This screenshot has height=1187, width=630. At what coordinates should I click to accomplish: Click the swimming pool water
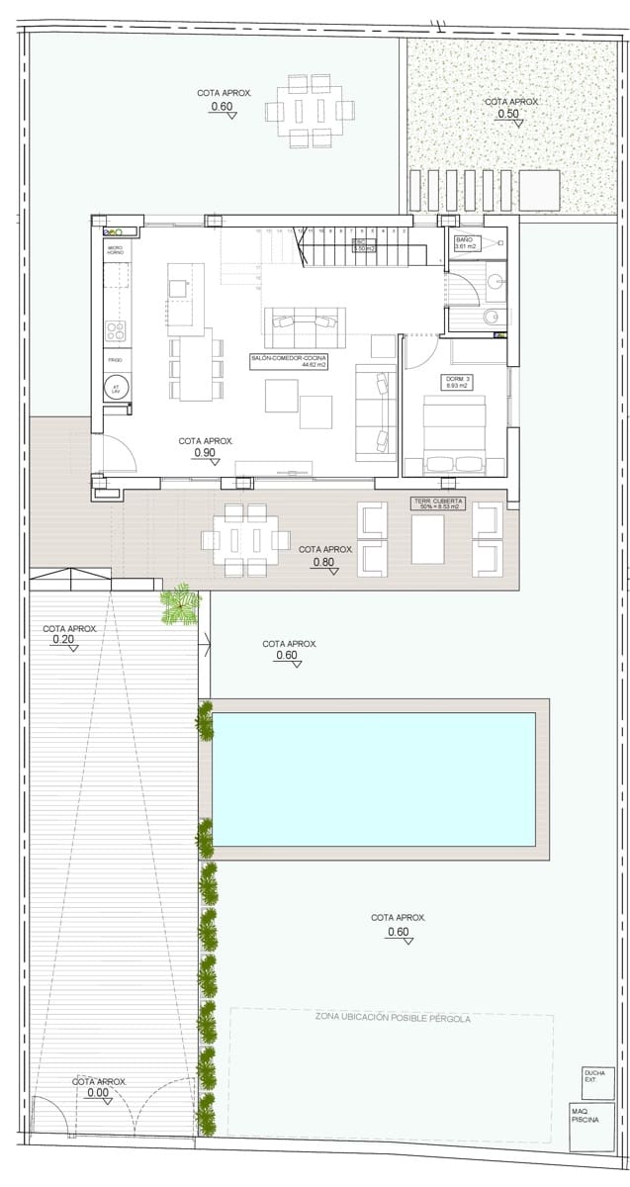374,779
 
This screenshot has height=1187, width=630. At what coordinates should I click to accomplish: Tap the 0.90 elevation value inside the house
205,453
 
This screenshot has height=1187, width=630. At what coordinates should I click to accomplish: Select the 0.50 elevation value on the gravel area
508,114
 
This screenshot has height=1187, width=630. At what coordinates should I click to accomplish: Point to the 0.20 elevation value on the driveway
64,640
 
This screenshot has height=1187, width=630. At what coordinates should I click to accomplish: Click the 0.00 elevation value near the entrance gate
98,1093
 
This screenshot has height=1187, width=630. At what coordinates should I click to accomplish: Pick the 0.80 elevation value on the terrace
323,562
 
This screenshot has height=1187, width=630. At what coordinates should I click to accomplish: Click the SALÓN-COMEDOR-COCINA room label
289,361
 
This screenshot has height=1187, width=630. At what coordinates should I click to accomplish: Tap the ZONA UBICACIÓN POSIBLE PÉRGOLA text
393,1017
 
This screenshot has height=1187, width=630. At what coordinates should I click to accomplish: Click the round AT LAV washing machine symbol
116,389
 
